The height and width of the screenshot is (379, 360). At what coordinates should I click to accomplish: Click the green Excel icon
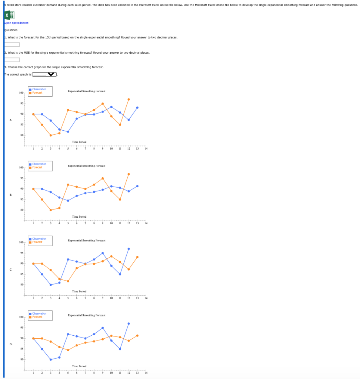pos(9,15)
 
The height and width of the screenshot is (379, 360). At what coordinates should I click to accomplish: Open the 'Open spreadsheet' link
pos(16,23)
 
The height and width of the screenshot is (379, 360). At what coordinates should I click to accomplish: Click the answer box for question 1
pos(12,45)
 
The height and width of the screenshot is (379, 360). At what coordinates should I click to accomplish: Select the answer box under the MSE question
pos(12,60)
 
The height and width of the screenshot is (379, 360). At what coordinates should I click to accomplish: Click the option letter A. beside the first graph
pos(11,120)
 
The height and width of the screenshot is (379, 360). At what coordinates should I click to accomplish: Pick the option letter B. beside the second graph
pos(11,195)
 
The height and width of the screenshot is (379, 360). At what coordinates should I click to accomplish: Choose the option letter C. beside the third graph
pos(11,269)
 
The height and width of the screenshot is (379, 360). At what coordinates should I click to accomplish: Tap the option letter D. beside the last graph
pos(11,344)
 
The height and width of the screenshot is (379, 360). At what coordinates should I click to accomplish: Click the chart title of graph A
pos(86,91)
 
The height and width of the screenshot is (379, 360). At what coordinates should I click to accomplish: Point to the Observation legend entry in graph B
pos(39,164)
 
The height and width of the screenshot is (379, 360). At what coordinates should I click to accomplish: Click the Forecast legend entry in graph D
pos(37,317)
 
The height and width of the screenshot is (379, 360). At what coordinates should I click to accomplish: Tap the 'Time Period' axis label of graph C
pos(79,292)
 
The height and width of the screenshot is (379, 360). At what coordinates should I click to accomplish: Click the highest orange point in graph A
pos(129,99)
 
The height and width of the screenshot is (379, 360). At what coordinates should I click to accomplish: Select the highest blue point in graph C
pos(129,249)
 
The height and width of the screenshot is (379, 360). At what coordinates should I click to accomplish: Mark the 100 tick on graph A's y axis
pos(21,93)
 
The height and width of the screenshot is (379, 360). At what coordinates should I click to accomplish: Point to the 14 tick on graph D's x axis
pos(146,373)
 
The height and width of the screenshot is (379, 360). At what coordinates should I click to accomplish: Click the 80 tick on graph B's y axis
pos(22,210)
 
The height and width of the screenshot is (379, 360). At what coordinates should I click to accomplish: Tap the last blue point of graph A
pos(137,107)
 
